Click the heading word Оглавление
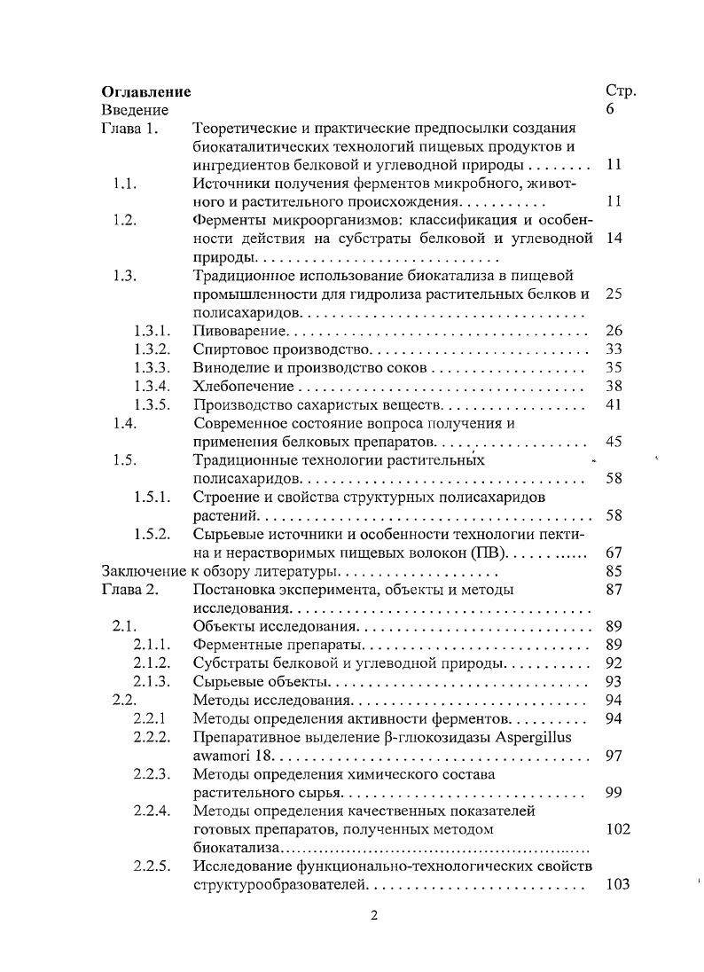146,91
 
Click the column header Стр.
620,91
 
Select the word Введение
135,110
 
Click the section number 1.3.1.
152,331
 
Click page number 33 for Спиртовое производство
614,349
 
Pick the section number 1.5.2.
152,534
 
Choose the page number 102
617,829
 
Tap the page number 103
617,884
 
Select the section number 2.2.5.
152,866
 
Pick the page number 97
614,756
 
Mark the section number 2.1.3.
152,681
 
